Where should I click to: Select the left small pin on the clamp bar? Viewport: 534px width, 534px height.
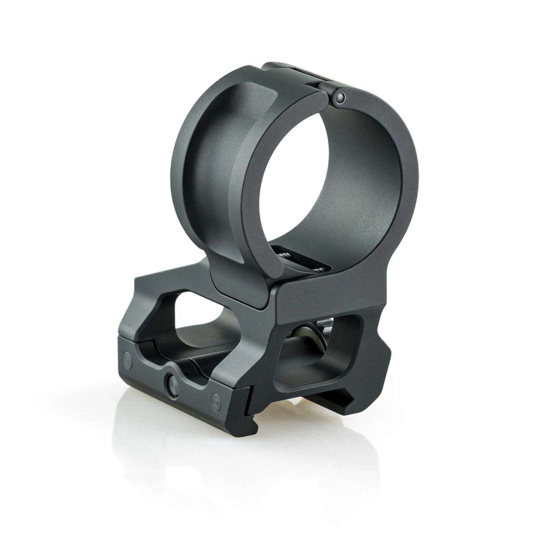[x=126, y=359]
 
